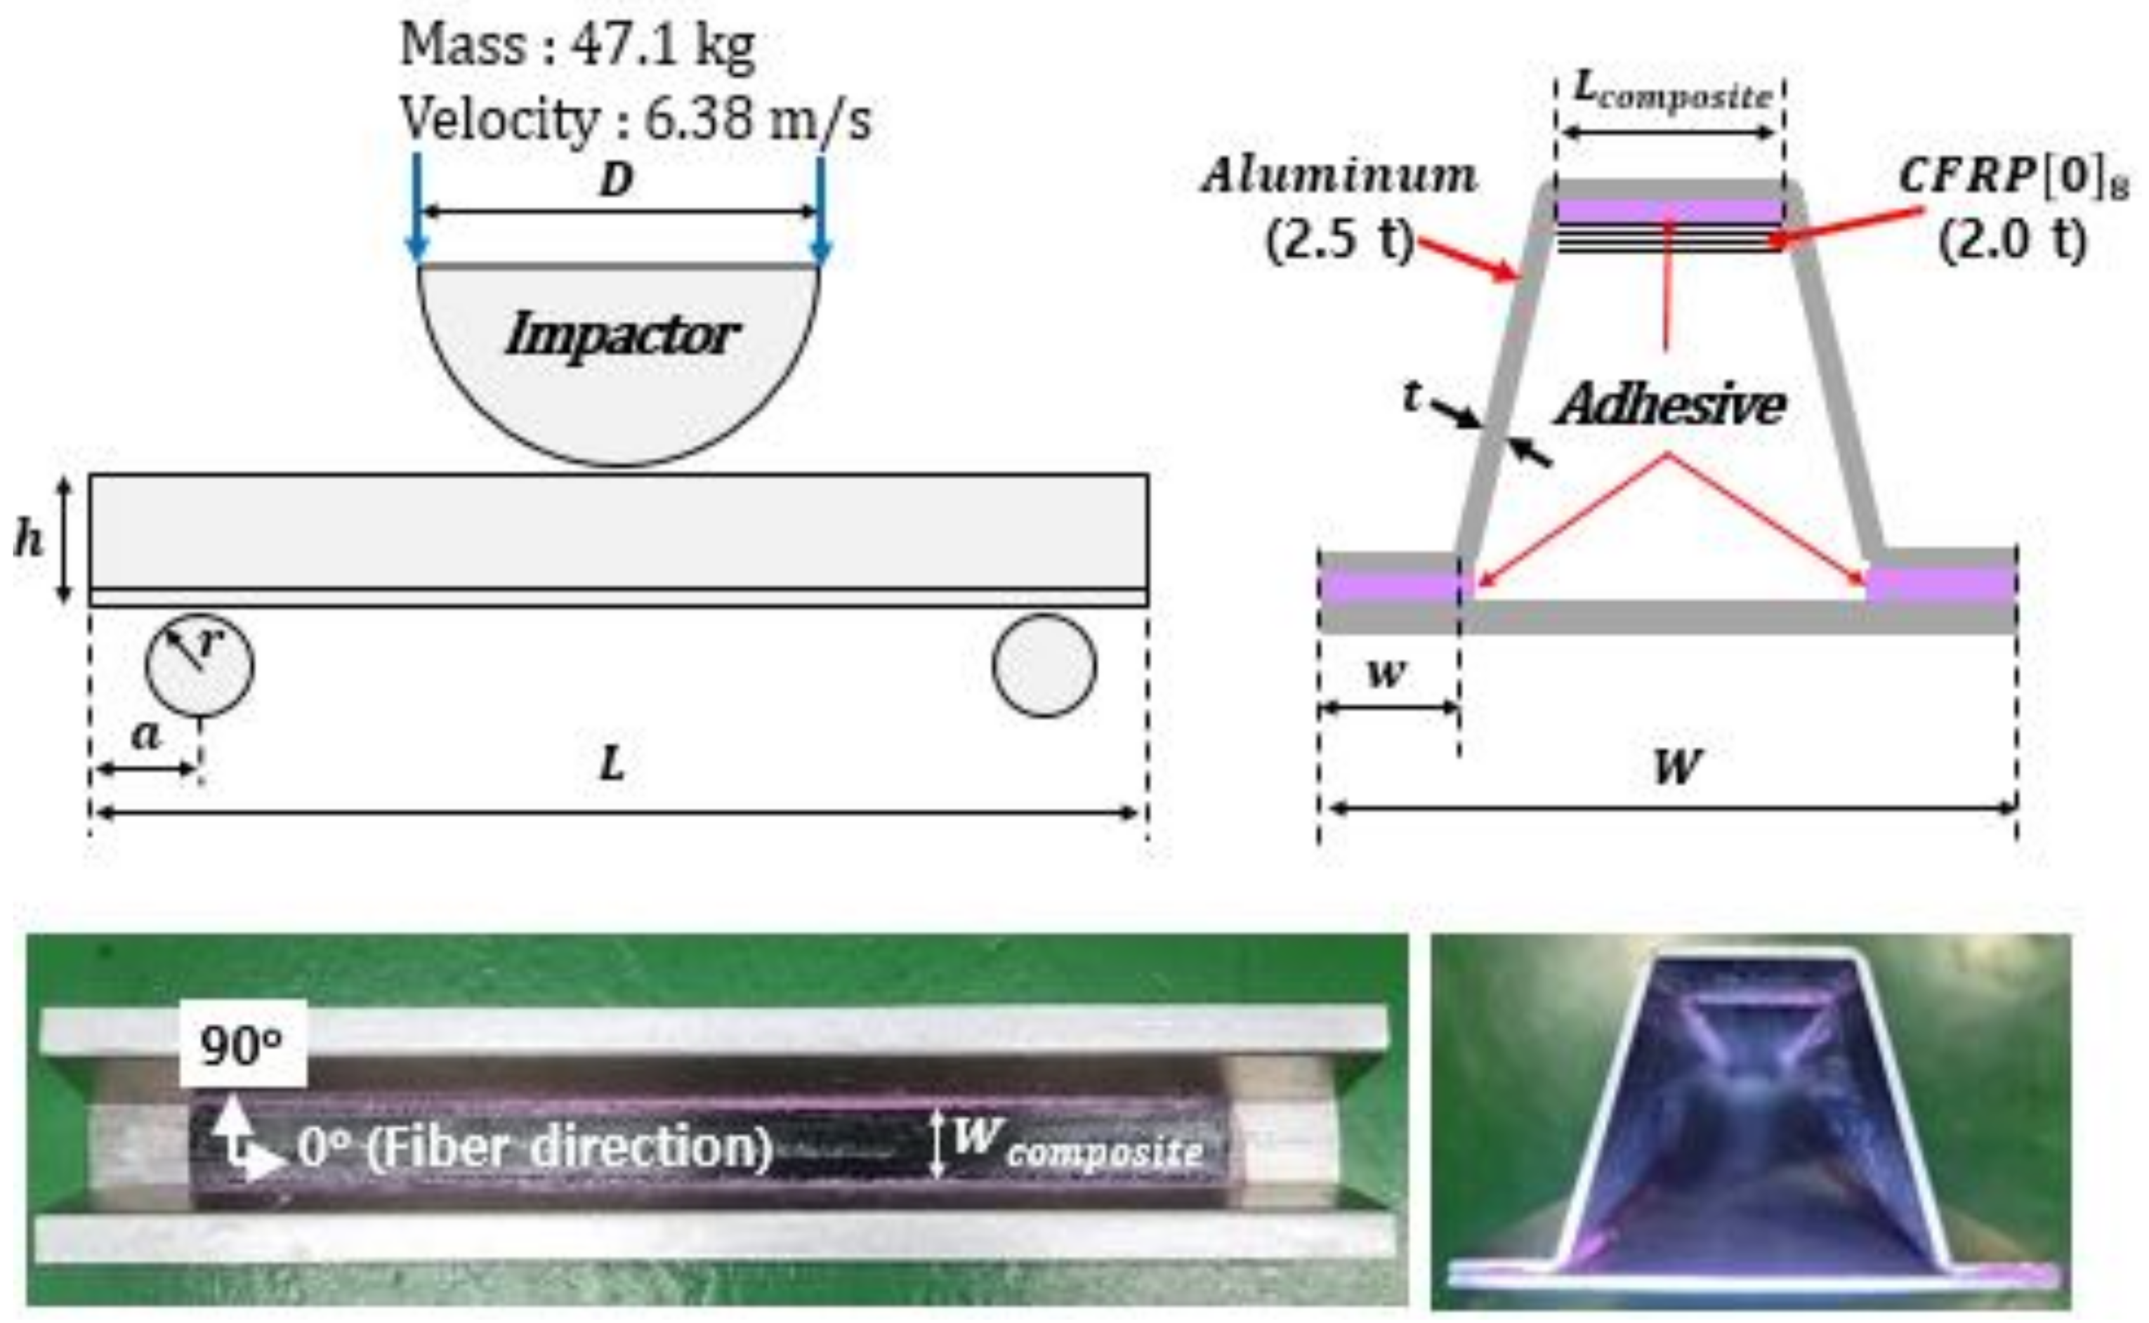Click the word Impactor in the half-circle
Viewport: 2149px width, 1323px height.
[622, 335]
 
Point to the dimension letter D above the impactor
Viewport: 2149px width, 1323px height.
[616, 181]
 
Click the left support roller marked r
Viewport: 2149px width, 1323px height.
[199, 665]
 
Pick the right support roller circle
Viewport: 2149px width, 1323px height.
[1044, 665]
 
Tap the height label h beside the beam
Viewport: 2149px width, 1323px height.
[28, 540]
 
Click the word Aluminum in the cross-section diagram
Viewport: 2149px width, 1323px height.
[1339, 177]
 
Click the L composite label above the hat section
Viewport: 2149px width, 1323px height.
[1672, 92]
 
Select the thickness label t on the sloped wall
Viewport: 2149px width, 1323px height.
[1412, 396]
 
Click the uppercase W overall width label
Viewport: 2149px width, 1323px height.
[1676, 768]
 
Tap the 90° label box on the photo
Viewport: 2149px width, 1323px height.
[242, 1046]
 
